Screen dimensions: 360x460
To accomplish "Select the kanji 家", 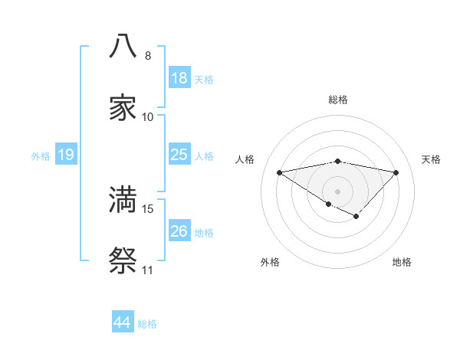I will tap(123, 107).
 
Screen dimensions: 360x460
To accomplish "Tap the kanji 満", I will tap(123, 199).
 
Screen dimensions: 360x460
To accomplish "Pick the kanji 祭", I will tap(123, 261).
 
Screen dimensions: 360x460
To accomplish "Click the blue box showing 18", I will tap(179, 78).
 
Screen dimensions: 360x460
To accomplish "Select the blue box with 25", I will tap(179, 155).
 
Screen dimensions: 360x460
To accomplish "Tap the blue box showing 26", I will tap(179, 231).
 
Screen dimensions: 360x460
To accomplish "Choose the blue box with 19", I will tap(65, 155).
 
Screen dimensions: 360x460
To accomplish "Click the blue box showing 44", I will tap(123, 322).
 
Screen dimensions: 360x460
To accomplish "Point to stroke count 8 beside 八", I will tap(148, 56).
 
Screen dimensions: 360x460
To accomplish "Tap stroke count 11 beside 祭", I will tap(148, 270).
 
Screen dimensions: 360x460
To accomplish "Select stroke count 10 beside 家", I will tap(148, 117).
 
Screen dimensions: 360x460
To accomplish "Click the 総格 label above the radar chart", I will tap(337, 100).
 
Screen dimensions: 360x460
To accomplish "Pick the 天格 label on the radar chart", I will tap(431, 159).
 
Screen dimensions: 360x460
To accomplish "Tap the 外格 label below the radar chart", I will tap(270, 262).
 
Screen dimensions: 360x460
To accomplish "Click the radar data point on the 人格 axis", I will tap(280, 172).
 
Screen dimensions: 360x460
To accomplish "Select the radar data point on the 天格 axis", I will tap(396, 172).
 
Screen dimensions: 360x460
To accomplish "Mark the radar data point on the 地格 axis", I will tap(356, 217).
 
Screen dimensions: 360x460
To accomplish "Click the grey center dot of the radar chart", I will tap(337, 191).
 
